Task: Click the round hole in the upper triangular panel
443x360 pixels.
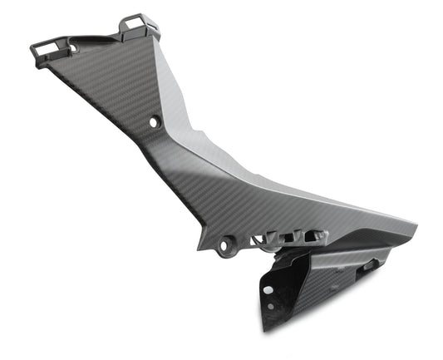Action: coord(153,122)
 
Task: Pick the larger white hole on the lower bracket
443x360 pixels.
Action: coord(268,290)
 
